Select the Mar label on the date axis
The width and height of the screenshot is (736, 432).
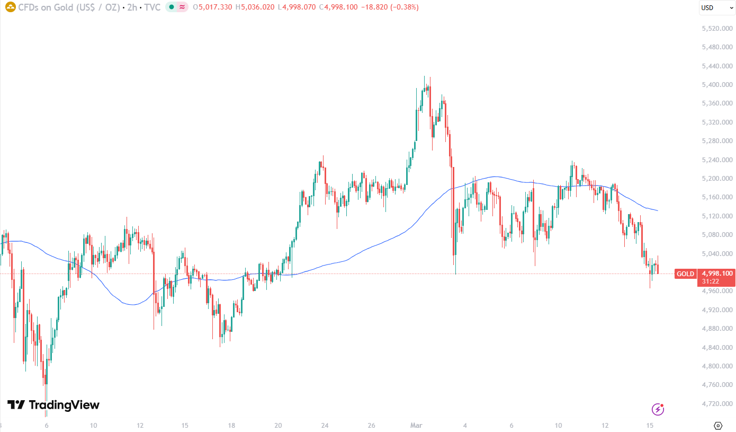coord(416,425)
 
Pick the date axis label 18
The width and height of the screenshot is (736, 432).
coord(232,425)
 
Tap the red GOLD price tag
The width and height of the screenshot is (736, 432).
coord(685,274)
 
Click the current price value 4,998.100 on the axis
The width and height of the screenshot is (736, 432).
coord(718,274)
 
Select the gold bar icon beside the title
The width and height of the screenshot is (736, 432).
coord(10,7)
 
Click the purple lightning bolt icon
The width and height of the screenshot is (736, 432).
coord(658,409)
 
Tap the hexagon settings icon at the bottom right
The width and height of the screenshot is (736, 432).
coord(718,425)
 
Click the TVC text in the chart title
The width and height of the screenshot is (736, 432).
coord(152,7)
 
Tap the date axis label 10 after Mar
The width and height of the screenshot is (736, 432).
coord(558,425)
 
